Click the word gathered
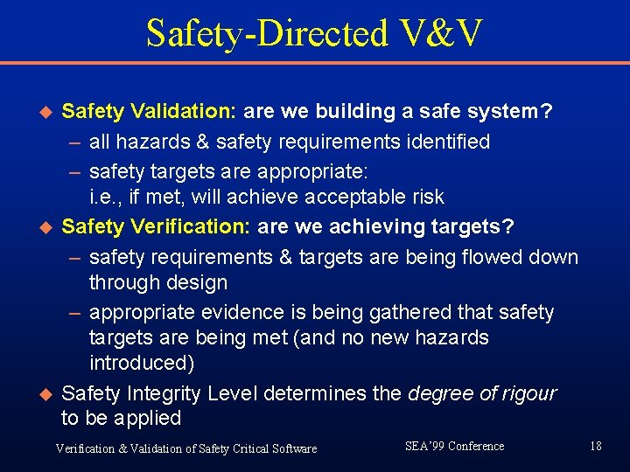388,313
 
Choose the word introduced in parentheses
142,363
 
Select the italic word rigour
525,393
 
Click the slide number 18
595,447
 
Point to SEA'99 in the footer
423,447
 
